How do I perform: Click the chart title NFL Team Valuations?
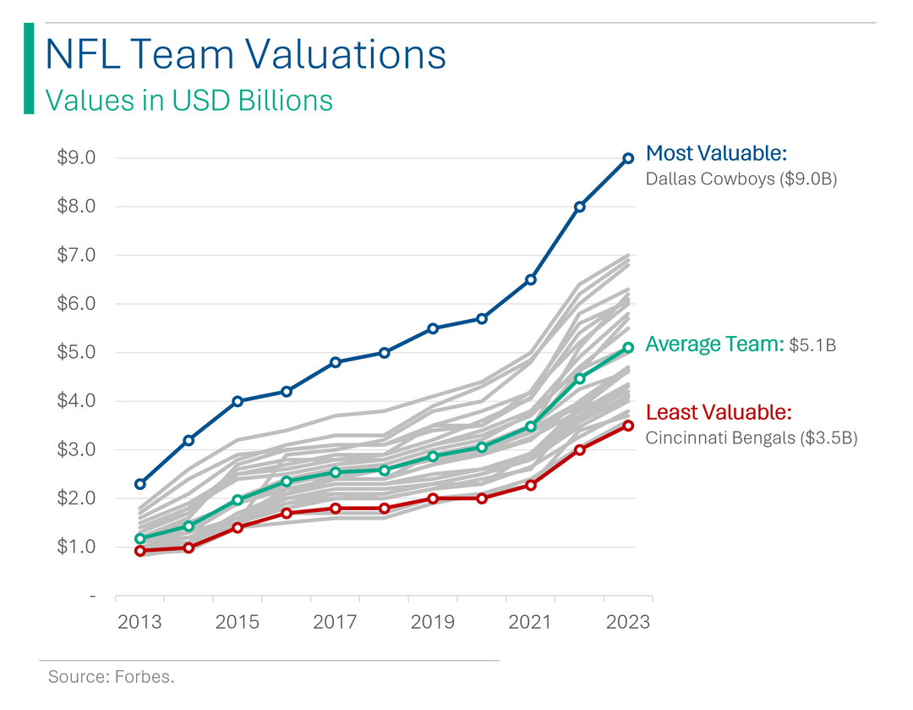[244, 54]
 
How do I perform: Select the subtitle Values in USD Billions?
[189, 100]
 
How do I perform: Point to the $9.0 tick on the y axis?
[76, 158]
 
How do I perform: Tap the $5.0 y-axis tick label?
[76, 353]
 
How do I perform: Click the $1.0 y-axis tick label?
[76, 548]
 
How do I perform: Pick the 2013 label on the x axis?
[139, 622]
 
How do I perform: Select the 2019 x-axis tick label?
[433, 622]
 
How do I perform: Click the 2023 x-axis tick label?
[628, 622]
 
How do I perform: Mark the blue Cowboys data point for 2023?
[628, 158]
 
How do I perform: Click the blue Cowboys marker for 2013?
[139, 484]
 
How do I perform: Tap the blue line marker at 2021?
[531, 279]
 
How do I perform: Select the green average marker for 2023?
[628, 348]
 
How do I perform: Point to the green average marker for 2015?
[238, 500]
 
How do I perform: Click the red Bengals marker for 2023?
[628, 426]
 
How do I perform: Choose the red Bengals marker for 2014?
[189, 548]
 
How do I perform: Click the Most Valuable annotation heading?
[716, 153]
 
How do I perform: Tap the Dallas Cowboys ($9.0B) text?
[741, 179]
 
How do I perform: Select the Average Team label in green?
[714, 344]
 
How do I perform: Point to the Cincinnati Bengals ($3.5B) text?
[752, 438]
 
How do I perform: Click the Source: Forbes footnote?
[111, 677]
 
